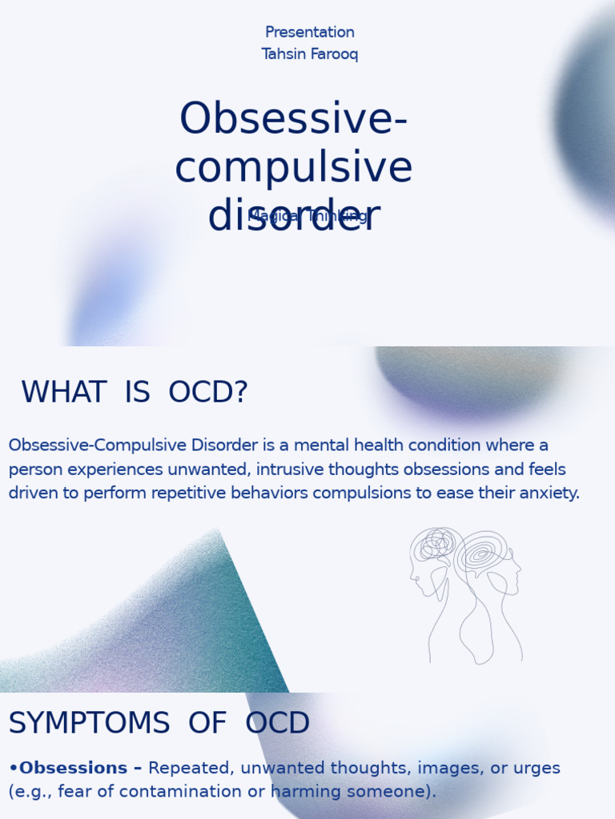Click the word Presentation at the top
pyautogui.click(x=309, y=33)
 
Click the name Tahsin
pyautogui.click(x=279, y=54)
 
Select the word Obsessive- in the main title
pyautogui.click(x=293, y=119)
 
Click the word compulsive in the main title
pyautogui.click(x=293, y=168)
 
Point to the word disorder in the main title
pyautogui.click(x=293, y=217)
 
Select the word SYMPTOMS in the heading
pyautogui.click(x=89, y=724)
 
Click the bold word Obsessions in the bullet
pyautogui.click(x=73, y=769)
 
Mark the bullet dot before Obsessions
pyautogui.click(x=13, y=769)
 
